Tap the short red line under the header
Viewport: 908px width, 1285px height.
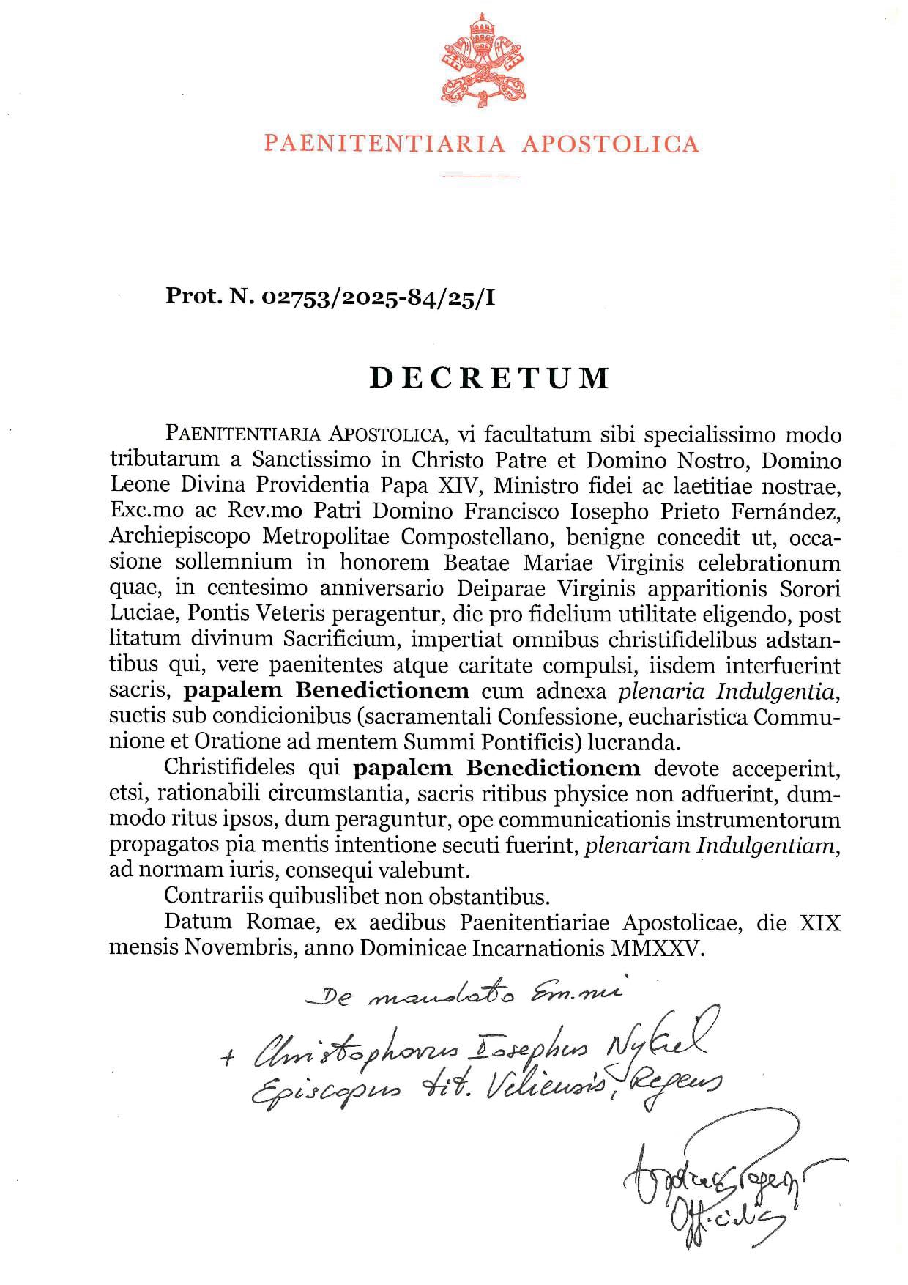pos(481,176)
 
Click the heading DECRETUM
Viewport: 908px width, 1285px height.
pos(488,377)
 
